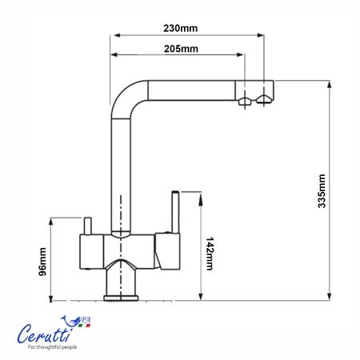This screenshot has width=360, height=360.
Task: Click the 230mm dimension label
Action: (x=181, y=28)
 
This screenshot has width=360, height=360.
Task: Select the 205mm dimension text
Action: (x=181, y=49)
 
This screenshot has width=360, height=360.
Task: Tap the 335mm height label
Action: (x=322, y=191)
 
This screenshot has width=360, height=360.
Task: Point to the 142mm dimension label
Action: (x=210, y=254)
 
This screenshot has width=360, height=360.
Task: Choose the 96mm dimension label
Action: (x=42, y=262)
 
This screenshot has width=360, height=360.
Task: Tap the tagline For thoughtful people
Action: (x=53, y=347)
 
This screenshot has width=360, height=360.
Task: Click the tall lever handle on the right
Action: (x=175, y=212)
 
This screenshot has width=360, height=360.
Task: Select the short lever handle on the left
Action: (x=87, y=226)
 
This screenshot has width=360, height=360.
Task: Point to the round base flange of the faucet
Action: (x=121, y=298)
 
